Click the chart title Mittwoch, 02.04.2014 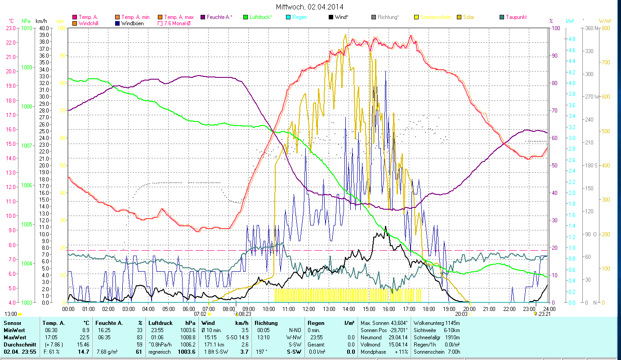[311, 7]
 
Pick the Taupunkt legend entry [516, 17]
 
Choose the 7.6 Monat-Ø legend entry [177, 23]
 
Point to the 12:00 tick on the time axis [308, 309]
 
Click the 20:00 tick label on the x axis [469, 309]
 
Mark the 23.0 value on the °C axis [11, 28]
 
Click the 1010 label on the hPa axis [27, 28]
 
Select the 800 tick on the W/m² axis [606, 28]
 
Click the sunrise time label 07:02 [200, 314]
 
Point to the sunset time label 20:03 [461, 314]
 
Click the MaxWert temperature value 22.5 [84, 337]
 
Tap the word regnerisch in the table [160, 351]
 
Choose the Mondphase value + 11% [401, 351]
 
